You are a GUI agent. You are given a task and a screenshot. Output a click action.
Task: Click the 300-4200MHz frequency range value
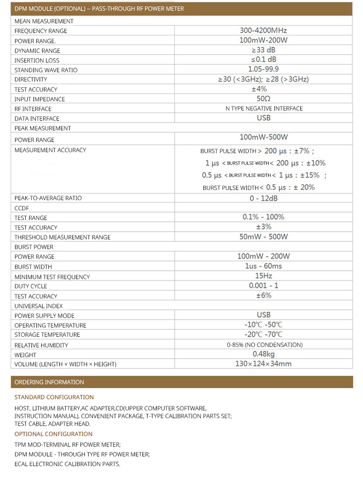tap(264, 31)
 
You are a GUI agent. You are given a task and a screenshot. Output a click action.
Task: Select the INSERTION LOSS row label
tap(37, 61)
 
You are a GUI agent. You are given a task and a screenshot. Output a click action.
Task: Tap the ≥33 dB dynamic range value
tap(264, 50)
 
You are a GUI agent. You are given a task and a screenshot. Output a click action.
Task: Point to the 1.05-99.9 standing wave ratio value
tap(263, 69)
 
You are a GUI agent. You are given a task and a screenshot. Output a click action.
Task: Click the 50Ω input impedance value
tap(264, 99)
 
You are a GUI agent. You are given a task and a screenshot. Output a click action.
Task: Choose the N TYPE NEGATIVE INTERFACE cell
tap(264, 109)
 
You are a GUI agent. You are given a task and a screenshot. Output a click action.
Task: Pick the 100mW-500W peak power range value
tap(264, 138)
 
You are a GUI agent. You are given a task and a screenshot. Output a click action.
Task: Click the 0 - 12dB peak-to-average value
tap(264, 198)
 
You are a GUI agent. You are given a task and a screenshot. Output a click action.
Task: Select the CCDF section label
tap(22, 208)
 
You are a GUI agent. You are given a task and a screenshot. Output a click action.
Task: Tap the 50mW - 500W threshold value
tap(264, 237)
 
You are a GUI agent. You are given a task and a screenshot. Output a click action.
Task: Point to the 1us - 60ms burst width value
tap(264, 266)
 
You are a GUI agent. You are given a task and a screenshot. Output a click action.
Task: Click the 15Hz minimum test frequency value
tap(264, 276)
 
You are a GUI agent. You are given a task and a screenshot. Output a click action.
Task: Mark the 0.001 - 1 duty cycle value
tap(264, 286)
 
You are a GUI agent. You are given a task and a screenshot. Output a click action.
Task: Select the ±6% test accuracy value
tap(264, 296)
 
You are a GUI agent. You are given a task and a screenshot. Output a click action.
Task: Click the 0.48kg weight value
tap(264, 354)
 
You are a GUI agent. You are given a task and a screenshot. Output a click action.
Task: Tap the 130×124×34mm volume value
tap(264, 364)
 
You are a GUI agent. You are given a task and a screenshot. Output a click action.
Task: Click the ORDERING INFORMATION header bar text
tap(49, 382)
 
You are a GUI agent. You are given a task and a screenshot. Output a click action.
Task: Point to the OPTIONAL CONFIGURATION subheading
tap(53, 434)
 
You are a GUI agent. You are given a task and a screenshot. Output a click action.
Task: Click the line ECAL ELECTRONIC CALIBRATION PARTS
tap(67, 464)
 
